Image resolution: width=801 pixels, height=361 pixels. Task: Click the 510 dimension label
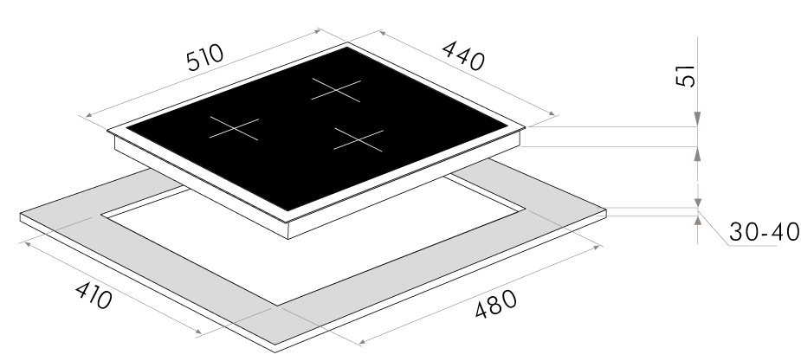[205, 58]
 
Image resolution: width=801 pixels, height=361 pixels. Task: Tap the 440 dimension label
[462, 55]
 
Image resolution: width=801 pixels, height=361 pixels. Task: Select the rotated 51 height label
[686, 76]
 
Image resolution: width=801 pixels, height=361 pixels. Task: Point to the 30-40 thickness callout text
[764, 232]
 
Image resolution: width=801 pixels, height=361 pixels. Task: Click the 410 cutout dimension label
[94, 295]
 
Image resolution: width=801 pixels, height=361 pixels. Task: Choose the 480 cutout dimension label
[495, 304]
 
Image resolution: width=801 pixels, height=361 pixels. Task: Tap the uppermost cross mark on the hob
[336, 90]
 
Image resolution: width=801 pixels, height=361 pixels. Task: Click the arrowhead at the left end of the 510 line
[89, 115]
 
